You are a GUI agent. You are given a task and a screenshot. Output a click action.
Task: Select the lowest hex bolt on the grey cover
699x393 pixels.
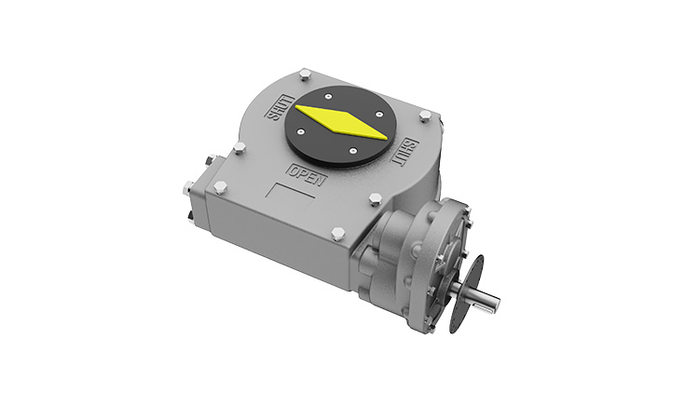click(337, 233)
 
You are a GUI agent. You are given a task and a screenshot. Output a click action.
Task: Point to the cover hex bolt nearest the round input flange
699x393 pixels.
click(375, 198)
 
